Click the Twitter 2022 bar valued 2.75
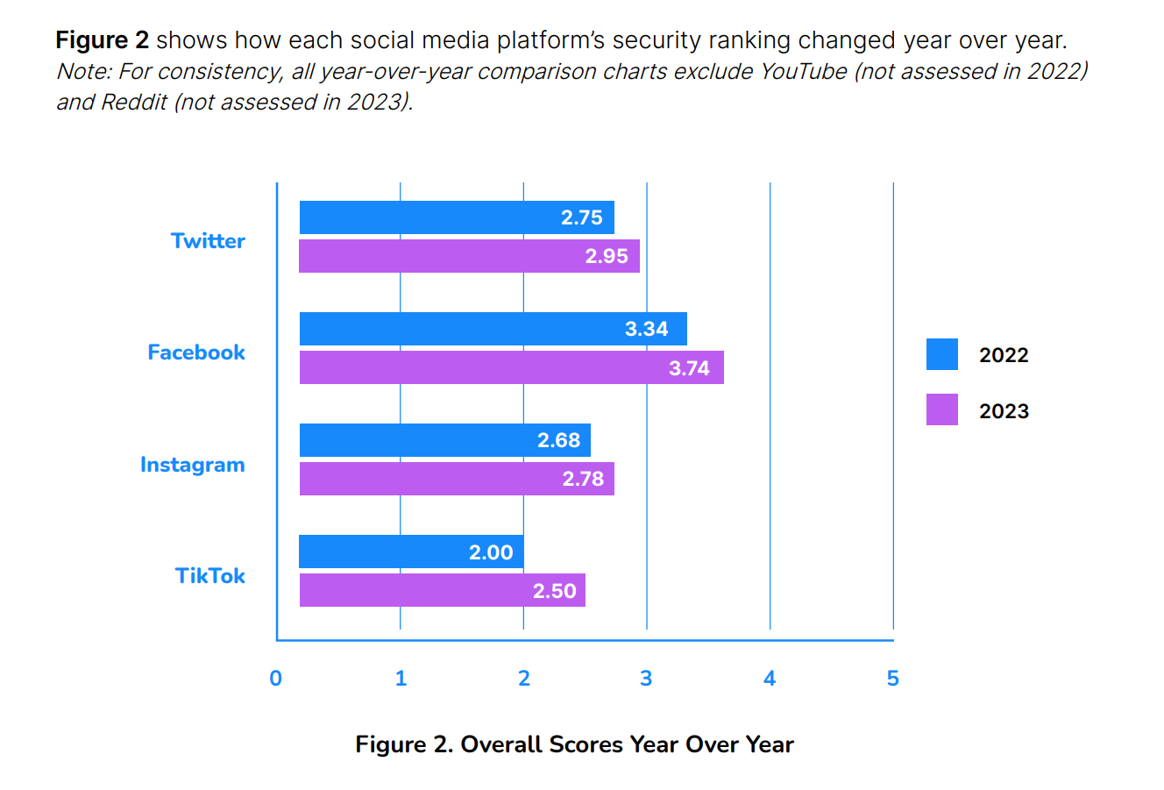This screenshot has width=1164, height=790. (x=456, y=217)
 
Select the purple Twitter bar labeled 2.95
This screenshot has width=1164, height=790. (x=469, y=256)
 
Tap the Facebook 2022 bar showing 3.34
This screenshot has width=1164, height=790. (x=493, y=329)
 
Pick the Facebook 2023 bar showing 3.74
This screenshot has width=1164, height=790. (x=511, y=367)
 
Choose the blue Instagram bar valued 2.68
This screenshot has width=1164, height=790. (x=444, y=440)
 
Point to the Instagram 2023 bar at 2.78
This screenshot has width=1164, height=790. (x=456, y=479)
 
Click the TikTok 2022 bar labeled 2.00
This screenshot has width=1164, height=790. (x=411, y=552)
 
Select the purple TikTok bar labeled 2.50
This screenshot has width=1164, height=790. (x=442, y=590)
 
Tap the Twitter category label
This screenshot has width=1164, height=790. (x=208, y=241)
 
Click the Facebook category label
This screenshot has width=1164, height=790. (x=196, y=352)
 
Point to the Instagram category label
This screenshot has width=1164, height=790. (x=193, y=465)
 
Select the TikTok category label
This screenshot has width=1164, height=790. (x=210, y=576)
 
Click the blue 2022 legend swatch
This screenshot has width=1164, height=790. (x=942, y=354)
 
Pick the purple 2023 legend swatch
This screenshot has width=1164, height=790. (x=942, y=409)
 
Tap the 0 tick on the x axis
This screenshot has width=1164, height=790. (x=276, y=679)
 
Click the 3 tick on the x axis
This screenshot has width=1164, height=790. (x=646, y=679)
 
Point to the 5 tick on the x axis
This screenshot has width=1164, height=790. (x=892, y=679)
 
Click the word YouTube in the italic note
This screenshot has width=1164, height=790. (x=803, y=71)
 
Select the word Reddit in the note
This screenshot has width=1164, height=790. (x=134, y=103)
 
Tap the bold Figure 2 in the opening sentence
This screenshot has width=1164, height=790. (x=102, y=40)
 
